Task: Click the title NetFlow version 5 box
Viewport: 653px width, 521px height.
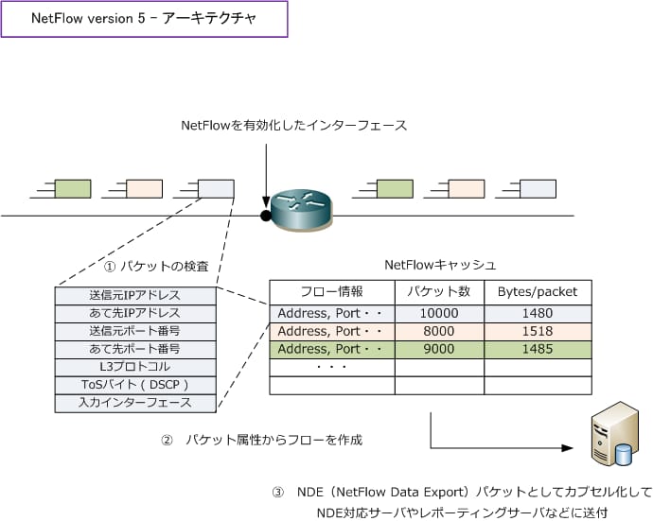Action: click(x=144, y=21)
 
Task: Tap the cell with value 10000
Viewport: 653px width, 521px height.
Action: click(x=439, y=314)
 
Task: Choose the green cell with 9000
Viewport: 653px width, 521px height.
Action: click(x=439, y=350)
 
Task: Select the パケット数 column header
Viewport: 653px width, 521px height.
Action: click(x=439, y=291)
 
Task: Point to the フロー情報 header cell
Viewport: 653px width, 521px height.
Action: click(x=331, y=291)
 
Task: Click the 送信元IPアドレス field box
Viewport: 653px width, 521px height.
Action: click(x=135, y=295)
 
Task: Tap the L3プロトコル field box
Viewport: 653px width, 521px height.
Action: click(x=135, y=367)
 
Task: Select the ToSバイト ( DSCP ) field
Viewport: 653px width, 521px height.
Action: click(x=135, y=385)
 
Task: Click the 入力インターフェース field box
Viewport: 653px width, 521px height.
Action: click(x=135, y=403)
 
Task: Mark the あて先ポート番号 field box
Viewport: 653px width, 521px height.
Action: click(x=135, y=349)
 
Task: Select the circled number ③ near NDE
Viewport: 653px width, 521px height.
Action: click(x=277, y=493)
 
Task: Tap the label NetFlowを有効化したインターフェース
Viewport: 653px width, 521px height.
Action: click(x=293, y=125)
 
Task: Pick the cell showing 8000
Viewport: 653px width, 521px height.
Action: click(x=439, y=332)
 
